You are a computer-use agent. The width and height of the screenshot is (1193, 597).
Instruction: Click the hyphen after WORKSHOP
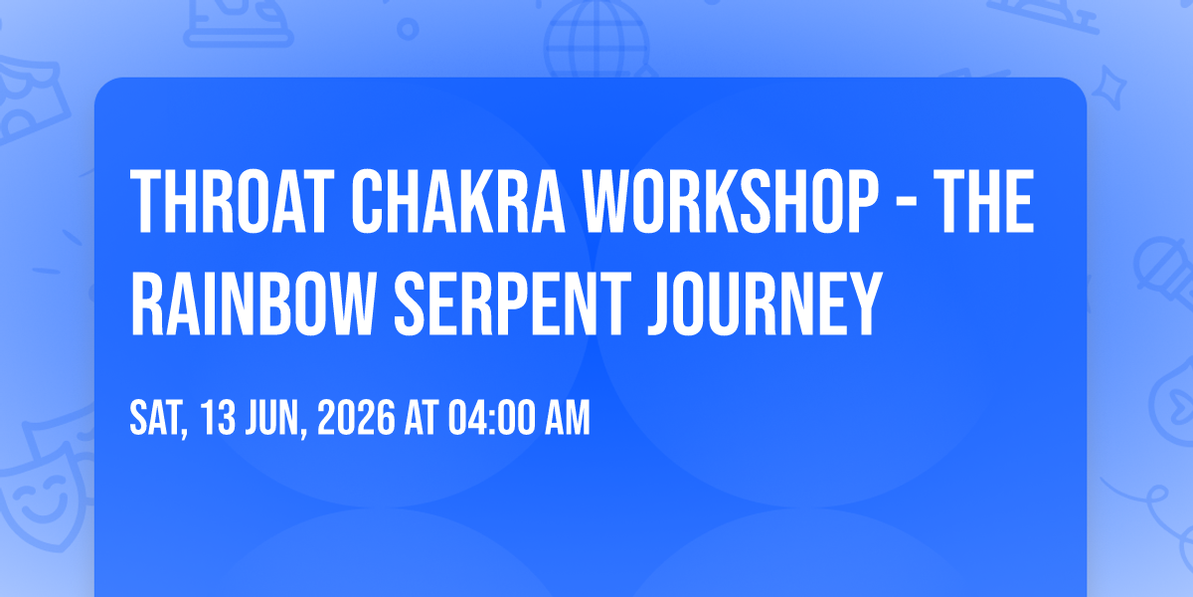click(906, 204)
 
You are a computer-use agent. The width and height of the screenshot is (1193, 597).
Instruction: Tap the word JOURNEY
click(766, 303)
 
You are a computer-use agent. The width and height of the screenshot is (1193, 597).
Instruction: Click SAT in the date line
click(159, 419)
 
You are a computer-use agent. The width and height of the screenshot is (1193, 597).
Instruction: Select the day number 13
click(218, 418)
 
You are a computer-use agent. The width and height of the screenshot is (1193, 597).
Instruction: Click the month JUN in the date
click(276, 419)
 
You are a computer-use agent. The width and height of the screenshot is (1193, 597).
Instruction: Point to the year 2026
click(356, 418)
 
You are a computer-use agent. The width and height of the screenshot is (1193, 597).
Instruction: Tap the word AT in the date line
click(422, 418)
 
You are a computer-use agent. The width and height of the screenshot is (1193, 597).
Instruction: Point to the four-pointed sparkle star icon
click(1108, 88)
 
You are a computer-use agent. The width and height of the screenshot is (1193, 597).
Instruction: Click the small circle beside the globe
click(408, 29)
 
